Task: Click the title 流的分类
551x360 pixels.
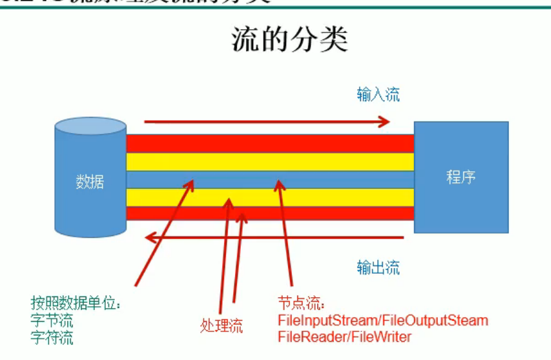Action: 290,40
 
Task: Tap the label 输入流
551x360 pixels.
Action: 378,95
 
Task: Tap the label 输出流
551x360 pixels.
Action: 378,267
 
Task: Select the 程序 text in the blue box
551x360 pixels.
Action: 461,177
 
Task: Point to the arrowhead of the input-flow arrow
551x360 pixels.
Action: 385,121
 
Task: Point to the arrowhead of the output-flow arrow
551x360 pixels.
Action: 150,238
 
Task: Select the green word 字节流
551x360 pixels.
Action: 51,320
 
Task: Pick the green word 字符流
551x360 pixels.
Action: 51,337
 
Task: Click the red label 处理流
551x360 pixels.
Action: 221,326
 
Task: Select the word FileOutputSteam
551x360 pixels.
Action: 434,320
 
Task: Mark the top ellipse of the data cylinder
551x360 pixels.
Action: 90,126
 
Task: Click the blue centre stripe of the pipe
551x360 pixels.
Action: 337,179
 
